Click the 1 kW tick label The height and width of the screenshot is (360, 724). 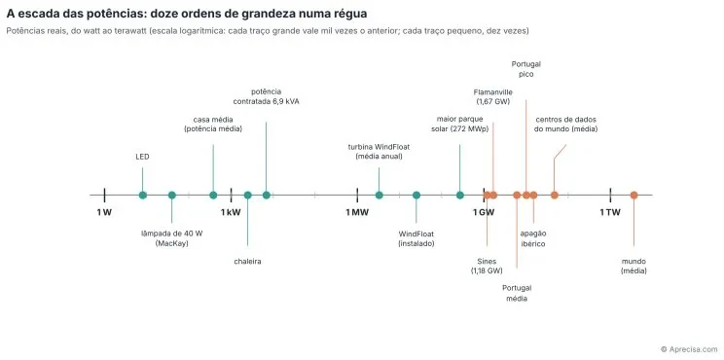pyautogui.click(x=231, y=212)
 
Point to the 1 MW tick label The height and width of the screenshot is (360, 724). pyautogui.click(x=357, y=212)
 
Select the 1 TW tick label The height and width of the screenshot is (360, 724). pyautogui.click(x=610, y=212)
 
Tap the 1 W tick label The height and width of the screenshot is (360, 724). pyautogui.click(x=104, y=212)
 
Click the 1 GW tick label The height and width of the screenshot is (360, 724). pyautogui.click(x=484, y=212)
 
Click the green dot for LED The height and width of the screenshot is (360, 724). pyautogui.click(x=143, y=196)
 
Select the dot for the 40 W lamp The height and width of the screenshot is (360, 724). pyautogui.click(x=172, y=196)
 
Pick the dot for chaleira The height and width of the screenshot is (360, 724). pyautogui.click(x=247, y=196)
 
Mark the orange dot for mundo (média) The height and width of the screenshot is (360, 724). pyautogui.click(x=633, y=196)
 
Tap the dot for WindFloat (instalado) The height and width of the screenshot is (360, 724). pyautogui.click(x=416, y=196)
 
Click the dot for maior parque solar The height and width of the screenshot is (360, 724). pyautogui.click(x=460, y=196)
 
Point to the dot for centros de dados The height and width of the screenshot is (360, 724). pyautogui.click(x=554, y=196)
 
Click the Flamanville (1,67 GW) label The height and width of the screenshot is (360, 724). pyautogui.click(x=492, y=97)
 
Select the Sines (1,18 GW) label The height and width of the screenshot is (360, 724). pyautogui.click(x=487, y=266)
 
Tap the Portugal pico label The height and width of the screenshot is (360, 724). pyautogui.click(x=525, y=69)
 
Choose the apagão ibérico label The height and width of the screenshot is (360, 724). pyautogui.click(x=533, y=238)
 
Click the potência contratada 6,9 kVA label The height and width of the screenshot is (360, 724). pyautogui.click(x=266, y=96)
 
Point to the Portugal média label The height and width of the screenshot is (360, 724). pyautogui.click(x=517, y=294)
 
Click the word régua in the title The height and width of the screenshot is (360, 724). pyautogui.click(x=350, y=14)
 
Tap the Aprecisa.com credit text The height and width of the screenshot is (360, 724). pyautogui.click(x=689, y=349)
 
